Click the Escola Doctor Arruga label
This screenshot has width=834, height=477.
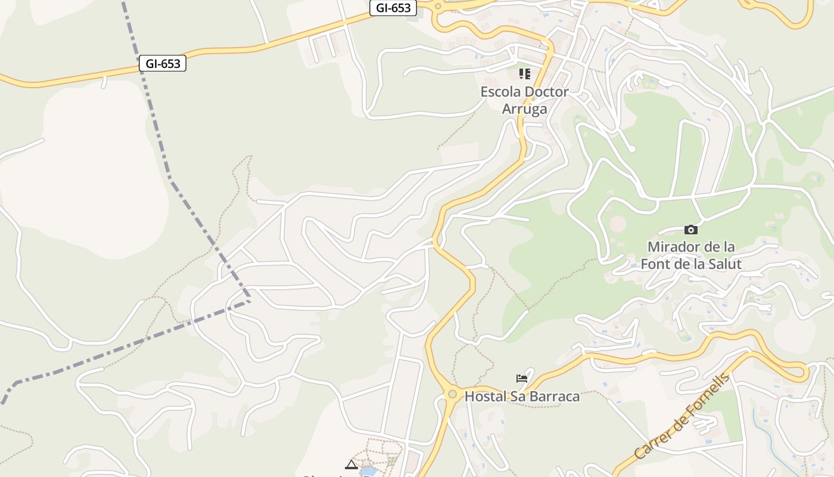click(524, 100)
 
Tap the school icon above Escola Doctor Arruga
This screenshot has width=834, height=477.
click(524, 74)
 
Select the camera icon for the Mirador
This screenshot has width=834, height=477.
click(690, 230)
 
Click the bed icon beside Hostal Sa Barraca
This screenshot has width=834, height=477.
click(522, 378)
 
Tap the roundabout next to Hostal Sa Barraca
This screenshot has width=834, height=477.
click(452, 394)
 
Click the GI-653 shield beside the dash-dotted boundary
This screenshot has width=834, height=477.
click(163, 64)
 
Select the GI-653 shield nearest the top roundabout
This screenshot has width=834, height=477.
click(393, 8)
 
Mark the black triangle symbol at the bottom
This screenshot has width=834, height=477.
click(351, 464)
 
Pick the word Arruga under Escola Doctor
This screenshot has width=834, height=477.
click(524, 109)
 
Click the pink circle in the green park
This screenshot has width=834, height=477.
click(618, 224)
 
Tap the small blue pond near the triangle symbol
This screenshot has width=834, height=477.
click(368, 472)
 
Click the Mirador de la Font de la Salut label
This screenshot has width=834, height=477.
click(691, 255)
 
